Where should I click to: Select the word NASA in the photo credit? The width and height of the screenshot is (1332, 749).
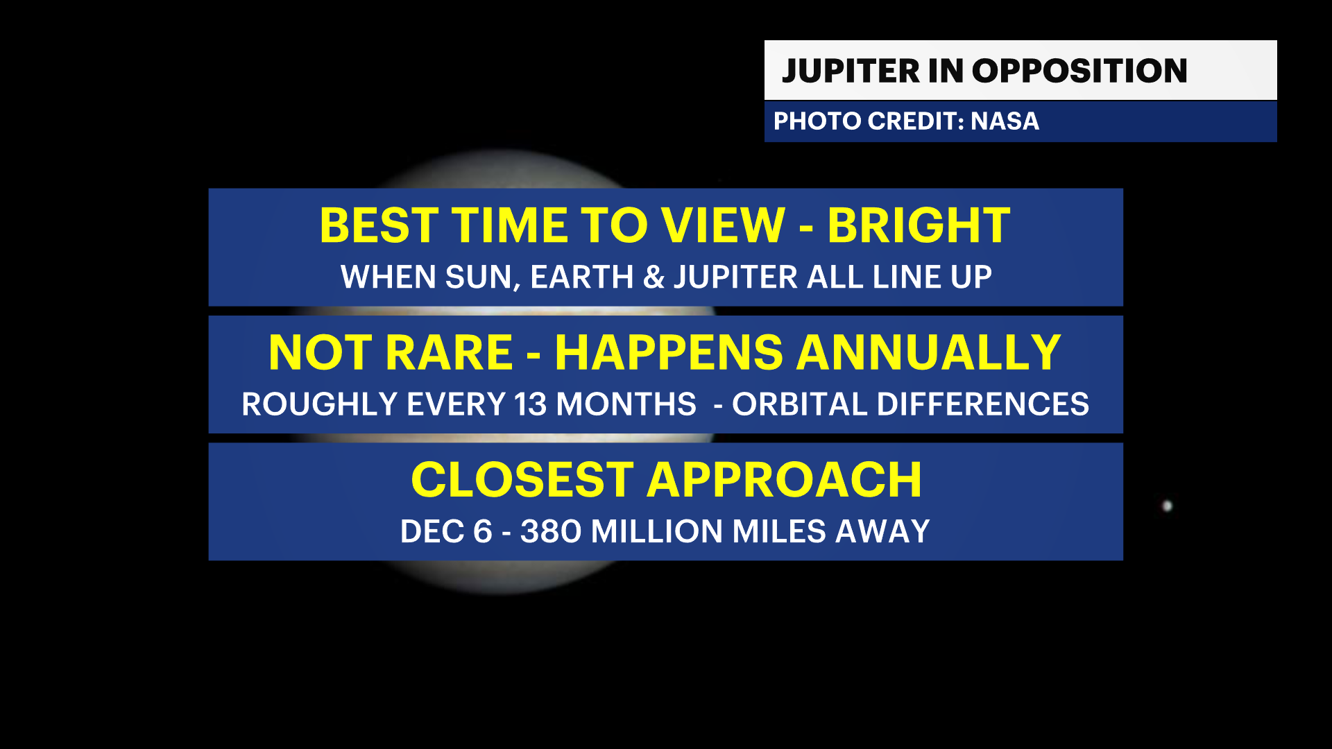[x=1005, y=121]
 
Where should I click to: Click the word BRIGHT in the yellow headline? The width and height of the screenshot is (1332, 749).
[x=919, y=225]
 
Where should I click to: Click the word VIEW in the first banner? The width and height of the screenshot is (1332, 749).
[x=723, y=225]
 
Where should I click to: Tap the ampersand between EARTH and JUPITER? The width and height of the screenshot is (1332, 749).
[x=654, y=277]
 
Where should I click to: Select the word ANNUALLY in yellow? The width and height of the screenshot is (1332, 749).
[x=928, y=353]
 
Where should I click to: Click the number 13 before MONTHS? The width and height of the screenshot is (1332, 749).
[x=531, y=404]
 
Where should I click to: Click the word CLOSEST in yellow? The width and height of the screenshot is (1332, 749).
[x=522, y=480]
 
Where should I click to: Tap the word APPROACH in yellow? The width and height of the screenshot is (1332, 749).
[x=784, y=480]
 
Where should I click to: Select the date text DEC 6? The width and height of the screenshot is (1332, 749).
[x=446, y=532]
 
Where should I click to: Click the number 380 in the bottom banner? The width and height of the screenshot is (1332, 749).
[x=551, y=532]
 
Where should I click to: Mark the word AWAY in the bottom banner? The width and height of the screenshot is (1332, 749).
[x=882, y=532]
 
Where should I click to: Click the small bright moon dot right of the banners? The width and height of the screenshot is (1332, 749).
[x=1167, y=506]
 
